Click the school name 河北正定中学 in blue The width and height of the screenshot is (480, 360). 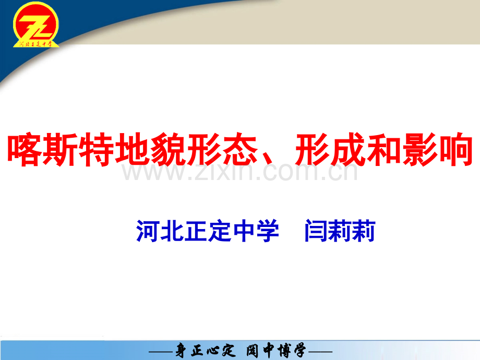(x=208, y=231)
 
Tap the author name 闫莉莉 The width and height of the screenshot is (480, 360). (x=340, y=231)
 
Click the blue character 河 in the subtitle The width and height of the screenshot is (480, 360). (x=148, y=231)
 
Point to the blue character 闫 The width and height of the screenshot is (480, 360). (x=316, y=231)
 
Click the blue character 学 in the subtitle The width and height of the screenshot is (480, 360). (x=268, y=231)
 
